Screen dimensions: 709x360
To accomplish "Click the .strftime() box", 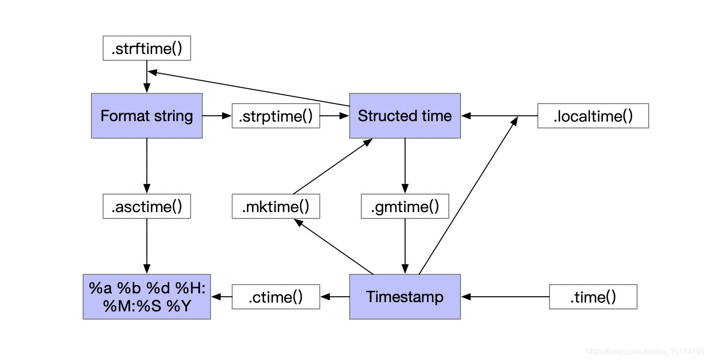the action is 146,48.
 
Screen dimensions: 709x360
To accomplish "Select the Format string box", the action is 146,116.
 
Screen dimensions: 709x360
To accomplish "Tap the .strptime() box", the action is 276,116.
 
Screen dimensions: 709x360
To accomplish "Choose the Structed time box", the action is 405,116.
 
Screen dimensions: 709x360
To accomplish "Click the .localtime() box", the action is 593,116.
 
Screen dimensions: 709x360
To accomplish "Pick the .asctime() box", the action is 146,206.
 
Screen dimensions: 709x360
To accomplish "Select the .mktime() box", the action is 276,206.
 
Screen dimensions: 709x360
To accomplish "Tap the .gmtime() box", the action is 405,206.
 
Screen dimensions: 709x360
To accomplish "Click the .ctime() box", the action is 276,297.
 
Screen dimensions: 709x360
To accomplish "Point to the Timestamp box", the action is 405,297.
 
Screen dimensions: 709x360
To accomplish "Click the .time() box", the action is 593,297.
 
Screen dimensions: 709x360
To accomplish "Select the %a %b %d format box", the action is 146,297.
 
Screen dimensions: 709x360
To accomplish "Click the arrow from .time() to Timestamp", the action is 505,297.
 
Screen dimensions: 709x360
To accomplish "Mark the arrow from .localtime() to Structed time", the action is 499,116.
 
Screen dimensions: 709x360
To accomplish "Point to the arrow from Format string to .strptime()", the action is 217,116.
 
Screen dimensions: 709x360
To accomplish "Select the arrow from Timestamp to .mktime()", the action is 334,246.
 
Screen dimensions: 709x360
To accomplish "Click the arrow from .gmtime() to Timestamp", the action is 405,246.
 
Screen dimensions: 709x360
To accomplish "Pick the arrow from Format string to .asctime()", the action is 146,166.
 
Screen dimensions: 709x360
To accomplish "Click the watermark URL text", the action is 645,351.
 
